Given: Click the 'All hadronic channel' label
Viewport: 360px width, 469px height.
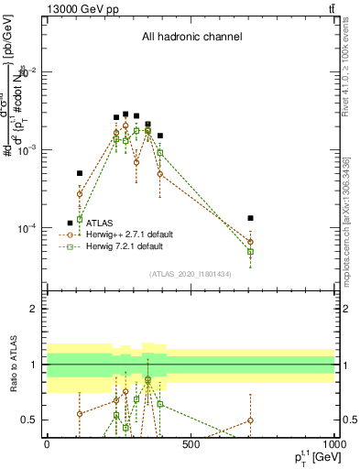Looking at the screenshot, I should [191, 38].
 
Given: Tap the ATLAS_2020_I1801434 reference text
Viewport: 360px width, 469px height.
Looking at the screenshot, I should [191, 274].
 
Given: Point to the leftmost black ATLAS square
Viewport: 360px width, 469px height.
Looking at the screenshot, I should [80, 173].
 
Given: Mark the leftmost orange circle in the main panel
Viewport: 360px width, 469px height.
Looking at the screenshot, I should [80, 194].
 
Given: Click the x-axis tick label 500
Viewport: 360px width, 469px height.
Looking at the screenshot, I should [191, 444].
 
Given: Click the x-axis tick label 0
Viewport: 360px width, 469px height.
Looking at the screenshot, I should [48, 444].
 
